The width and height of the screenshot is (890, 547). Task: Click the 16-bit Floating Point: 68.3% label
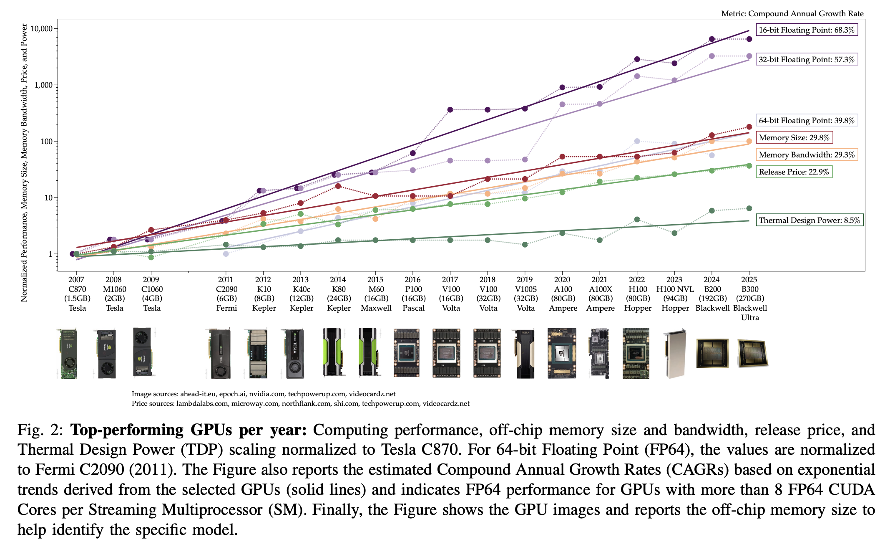pyautogui.click(x=807, y=30)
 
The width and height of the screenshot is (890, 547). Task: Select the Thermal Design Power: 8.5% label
pyautogui.click(x=809, y=220)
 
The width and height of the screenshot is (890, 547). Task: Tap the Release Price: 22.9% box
pyautogui.click(x=794, y=172)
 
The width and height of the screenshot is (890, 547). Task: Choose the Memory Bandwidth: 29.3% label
pyautogui.click(x=807, y=154)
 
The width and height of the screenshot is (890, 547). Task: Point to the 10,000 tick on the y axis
pyautogui.click(x=42, y=29)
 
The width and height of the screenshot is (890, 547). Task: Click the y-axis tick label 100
pyautogui.click(x=46, y=142)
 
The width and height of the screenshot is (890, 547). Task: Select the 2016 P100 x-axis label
pyautogui.click(x=413, y=294)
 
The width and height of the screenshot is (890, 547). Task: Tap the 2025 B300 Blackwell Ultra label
pyautogui.click(x=749, y=298)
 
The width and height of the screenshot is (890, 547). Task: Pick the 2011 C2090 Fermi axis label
pyautogui.click(x=226, y=294)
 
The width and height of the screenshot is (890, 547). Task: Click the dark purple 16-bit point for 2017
pyautogui.click(x=450, y=110)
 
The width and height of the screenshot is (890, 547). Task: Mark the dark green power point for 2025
pyautogui.click(x=749, y=208)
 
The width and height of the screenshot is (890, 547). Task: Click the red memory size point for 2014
pyautogui.click(x=338, y=186)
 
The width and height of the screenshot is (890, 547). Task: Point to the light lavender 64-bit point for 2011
pyautogui.click(x=226, y=254)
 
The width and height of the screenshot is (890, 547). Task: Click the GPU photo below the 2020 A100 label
pyautogui.click(x=562, y=353)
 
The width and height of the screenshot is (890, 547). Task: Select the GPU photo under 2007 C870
pyautogui.click(x=68, y=354)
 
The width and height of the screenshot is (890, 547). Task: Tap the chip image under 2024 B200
pyautogui.click(x=712, y=353)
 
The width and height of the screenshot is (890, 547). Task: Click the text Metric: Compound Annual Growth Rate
pyautogui.click(x=792, y=14)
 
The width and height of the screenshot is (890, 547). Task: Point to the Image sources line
pyautogui.click(x=263, y=394)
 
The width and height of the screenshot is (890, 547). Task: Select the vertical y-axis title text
pyautogui.click(x=24, y=163)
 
